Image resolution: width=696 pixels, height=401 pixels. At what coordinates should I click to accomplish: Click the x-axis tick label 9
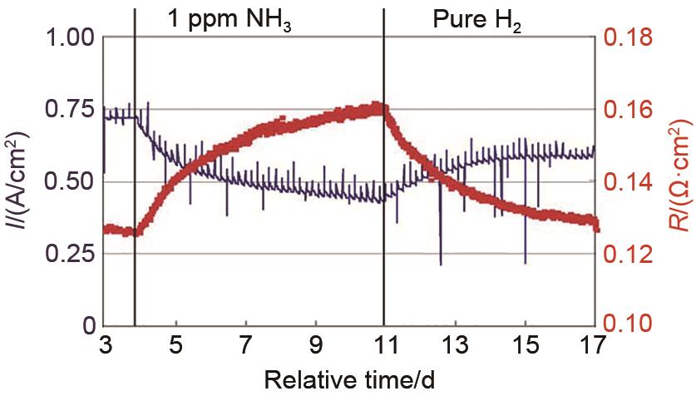(315, 344)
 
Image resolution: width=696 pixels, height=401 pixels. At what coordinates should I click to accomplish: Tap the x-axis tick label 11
(383, 344)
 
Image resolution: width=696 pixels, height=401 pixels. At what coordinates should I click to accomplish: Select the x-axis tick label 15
(524, 344)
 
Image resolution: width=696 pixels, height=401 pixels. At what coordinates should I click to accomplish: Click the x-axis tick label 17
(594, 344)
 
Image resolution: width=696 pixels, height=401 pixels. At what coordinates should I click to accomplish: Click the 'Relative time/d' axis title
(349, 382)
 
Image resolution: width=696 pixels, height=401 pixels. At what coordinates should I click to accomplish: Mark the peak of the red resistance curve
(378, 106)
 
